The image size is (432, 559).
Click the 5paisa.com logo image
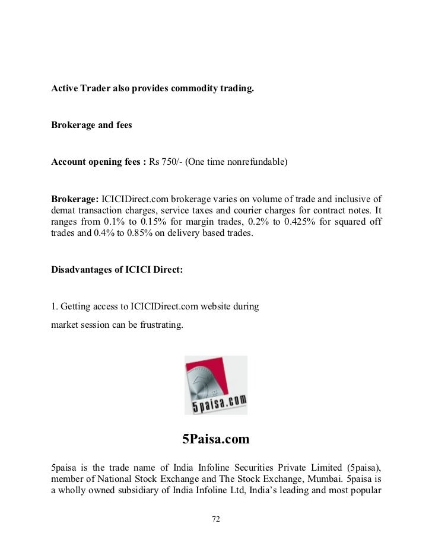pyautogui.click(x=215, y=385)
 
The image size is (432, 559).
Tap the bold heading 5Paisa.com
pyautogui.click(x=215, y=439)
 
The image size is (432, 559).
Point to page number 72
pyautogui.click(x=216, y=519)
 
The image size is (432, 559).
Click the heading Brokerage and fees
pyautogui.click(x=91, y=126)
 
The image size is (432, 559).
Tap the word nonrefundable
pyautogui.click(x=256, y=162)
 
